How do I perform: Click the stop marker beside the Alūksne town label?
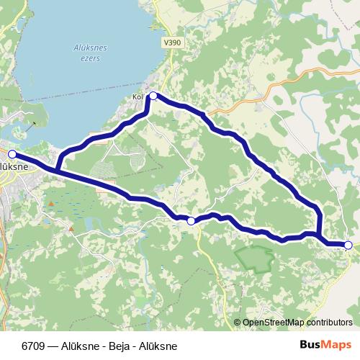[x=12, y=153]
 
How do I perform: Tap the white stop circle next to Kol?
[x=153, y=95]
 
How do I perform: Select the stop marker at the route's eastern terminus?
[x=348, y=246]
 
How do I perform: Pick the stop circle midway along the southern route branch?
[x=191, y=221]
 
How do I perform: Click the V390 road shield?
[x=172, y=43]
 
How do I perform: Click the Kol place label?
[x=139, y=96]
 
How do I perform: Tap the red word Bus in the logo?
[x=312, y=345]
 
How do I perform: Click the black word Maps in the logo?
[x=338, y=345]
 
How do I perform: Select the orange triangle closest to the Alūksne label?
[x=51, y=204]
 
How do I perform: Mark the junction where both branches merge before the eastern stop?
[x=319, y=235]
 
